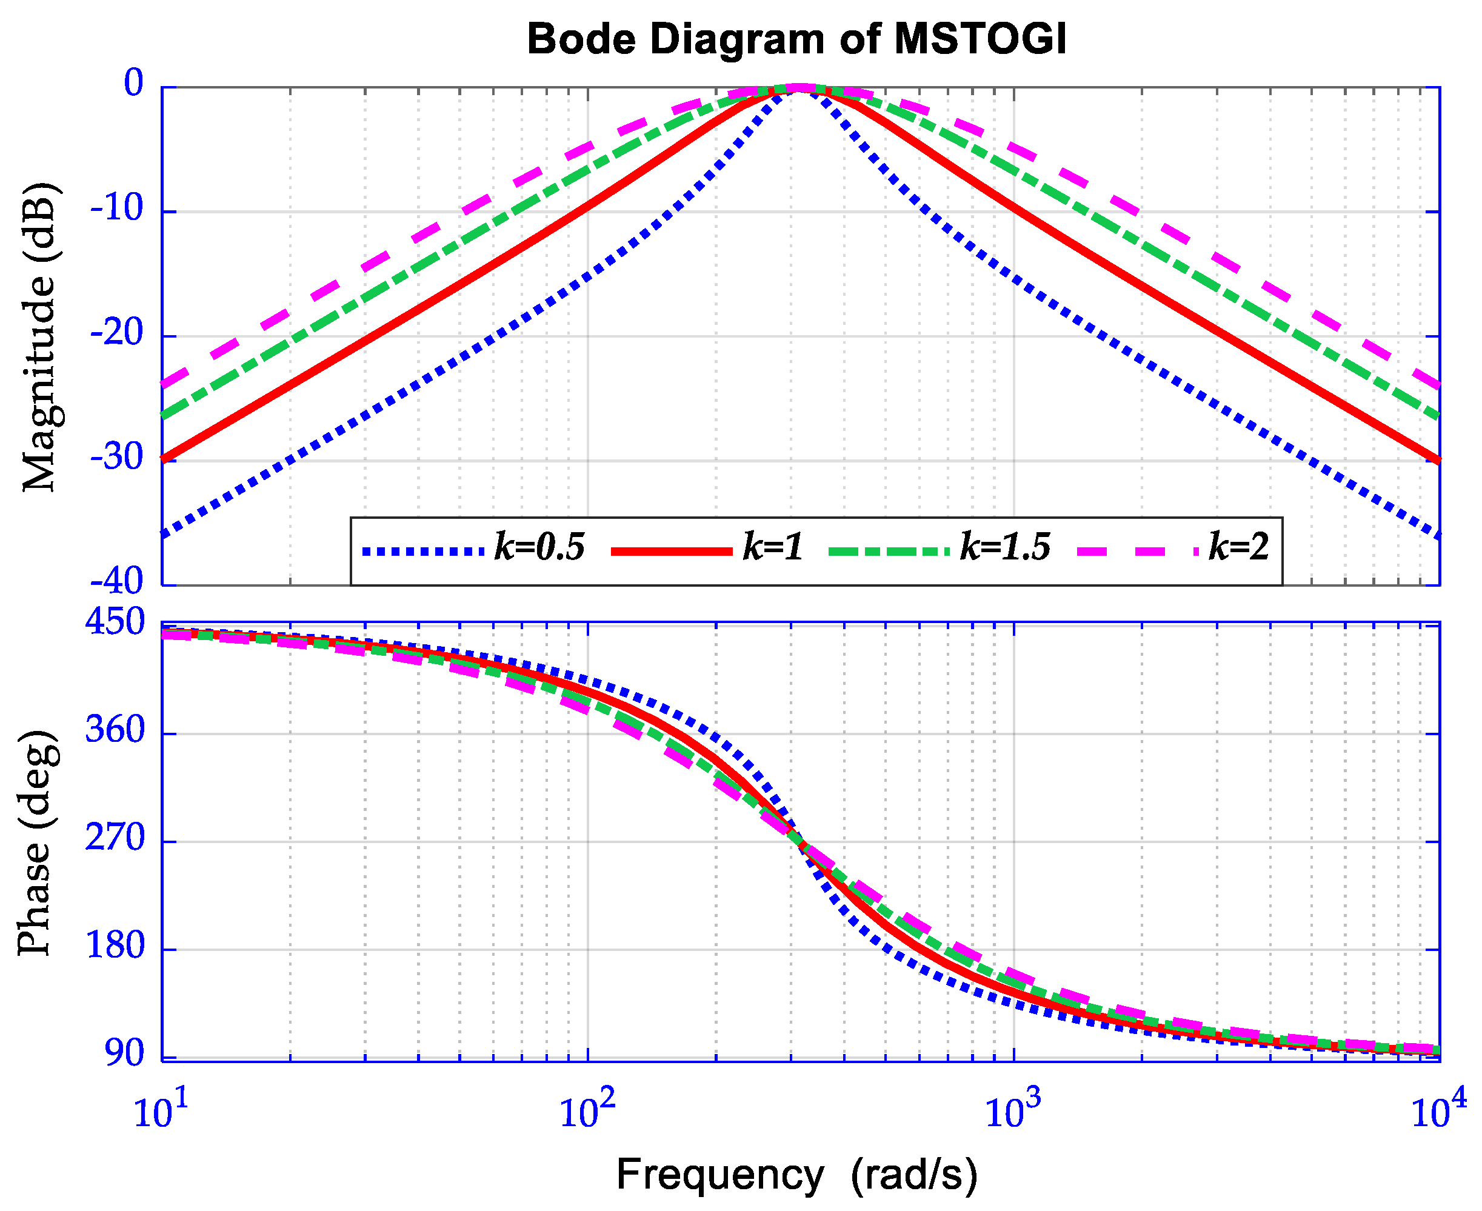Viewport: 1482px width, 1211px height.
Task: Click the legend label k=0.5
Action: click(x=539, y=546)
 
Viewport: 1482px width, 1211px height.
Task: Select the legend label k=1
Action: click(x=773, y=546)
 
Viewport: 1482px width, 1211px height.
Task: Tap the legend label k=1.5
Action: click(x=1006, y=546)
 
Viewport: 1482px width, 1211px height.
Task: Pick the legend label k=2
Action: click(x=1238, y=546)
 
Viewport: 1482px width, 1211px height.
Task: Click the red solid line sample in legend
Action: click(x=671, y=551)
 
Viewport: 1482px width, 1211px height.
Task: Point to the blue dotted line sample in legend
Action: click(x=423, y=551)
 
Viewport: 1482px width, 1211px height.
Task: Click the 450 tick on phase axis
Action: click(x=115, y=621)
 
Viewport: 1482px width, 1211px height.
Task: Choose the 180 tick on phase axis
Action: click(x=115, y=946)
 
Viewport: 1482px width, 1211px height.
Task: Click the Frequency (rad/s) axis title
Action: click(x=797, y=1175)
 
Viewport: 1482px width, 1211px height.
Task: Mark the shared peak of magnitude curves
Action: click(x=799, y=88)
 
